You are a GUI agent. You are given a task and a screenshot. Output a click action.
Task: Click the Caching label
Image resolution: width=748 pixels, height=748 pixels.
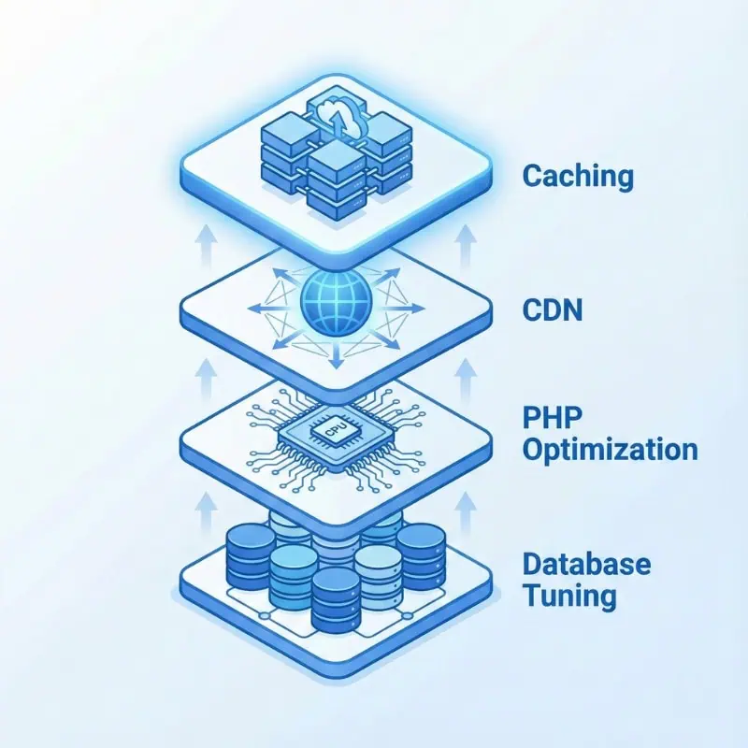[578, 176]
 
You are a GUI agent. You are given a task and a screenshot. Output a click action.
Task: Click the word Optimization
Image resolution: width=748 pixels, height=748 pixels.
[610, 450]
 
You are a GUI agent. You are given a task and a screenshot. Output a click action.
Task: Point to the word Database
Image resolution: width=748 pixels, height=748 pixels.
[586, 565]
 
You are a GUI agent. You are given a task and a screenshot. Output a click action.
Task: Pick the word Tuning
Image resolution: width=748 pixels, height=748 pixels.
[569, 596]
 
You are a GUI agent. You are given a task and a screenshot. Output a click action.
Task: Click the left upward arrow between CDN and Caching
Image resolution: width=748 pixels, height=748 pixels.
[209, 249]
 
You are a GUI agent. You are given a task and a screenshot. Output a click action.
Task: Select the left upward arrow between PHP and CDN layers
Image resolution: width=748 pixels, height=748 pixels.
[209, 378]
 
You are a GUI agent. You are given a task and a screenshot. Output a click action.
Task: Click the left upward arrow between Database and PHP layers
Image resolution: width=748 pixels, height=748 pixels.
[209, 511]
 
